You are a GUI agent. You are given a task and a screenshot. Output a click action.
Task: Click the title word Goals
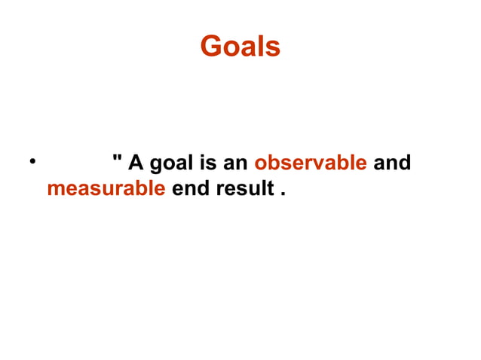click(240, 47)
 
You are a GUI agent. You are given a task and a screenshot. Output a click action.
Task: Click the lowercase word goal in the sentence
click(173, 163)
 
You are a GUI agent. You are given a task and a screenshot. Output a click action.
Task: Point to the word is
click(207, 163)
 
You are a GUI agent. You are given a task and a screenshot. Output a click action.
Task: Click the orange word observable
click(311, 163)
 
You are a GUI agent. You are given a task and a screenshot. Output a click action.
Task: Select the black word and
click(392, 163)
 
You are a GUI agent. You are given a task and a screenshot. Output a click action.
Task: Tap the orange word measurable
click(106, 188)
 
